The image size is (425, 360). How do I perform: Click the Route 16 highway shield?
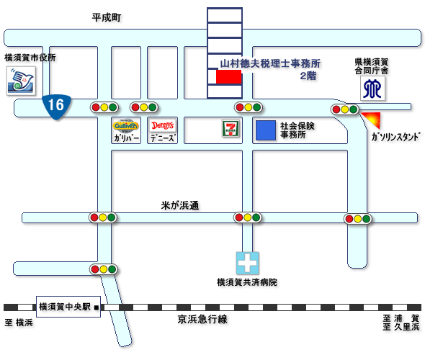pos(57,107)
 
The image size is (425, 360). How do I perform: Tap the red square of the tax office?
pos(228,76)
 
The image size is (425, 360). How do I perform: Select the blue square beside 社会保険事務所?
pos(266,130)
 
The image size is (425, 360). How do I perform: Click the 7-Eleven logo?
pos(231,128)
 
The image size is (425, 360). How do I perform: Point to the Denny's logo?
pos(162,126)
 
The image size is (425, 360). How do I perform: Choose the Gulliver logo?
pos(126,126)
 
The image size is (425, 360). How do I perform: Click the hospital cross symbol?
pos(247,263)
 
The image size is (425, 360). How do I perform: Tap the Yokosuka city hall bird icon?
pos(21,81)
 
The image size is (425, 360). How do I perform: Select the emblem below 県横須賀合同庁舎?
pos(372,89)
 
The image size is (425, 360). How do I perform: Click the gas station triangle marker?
pos(373,119)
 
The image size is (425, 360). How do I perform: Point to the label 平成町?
pos(107,18)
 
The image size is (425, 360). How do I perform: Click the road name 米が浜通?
pos(180,205)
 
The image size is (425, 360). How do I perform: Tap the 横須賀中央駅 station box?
pos(68,307)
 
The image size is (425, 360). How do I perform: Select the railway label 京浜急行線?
pos(202,320)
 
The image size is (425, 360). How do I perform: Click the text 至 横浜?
pos(19,323)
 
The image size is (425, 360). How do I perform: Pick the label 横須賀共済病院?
pos(247,282)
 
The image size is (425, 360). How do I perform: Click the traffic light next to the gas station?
pos(345,109)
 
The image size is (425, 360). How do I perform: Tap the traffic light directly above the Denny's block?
pos(144,107)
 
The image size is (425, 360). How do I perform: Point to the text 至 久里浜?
pos(401,327)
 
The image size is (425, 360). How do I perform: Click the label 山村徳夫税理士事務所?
pos(270,63)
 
